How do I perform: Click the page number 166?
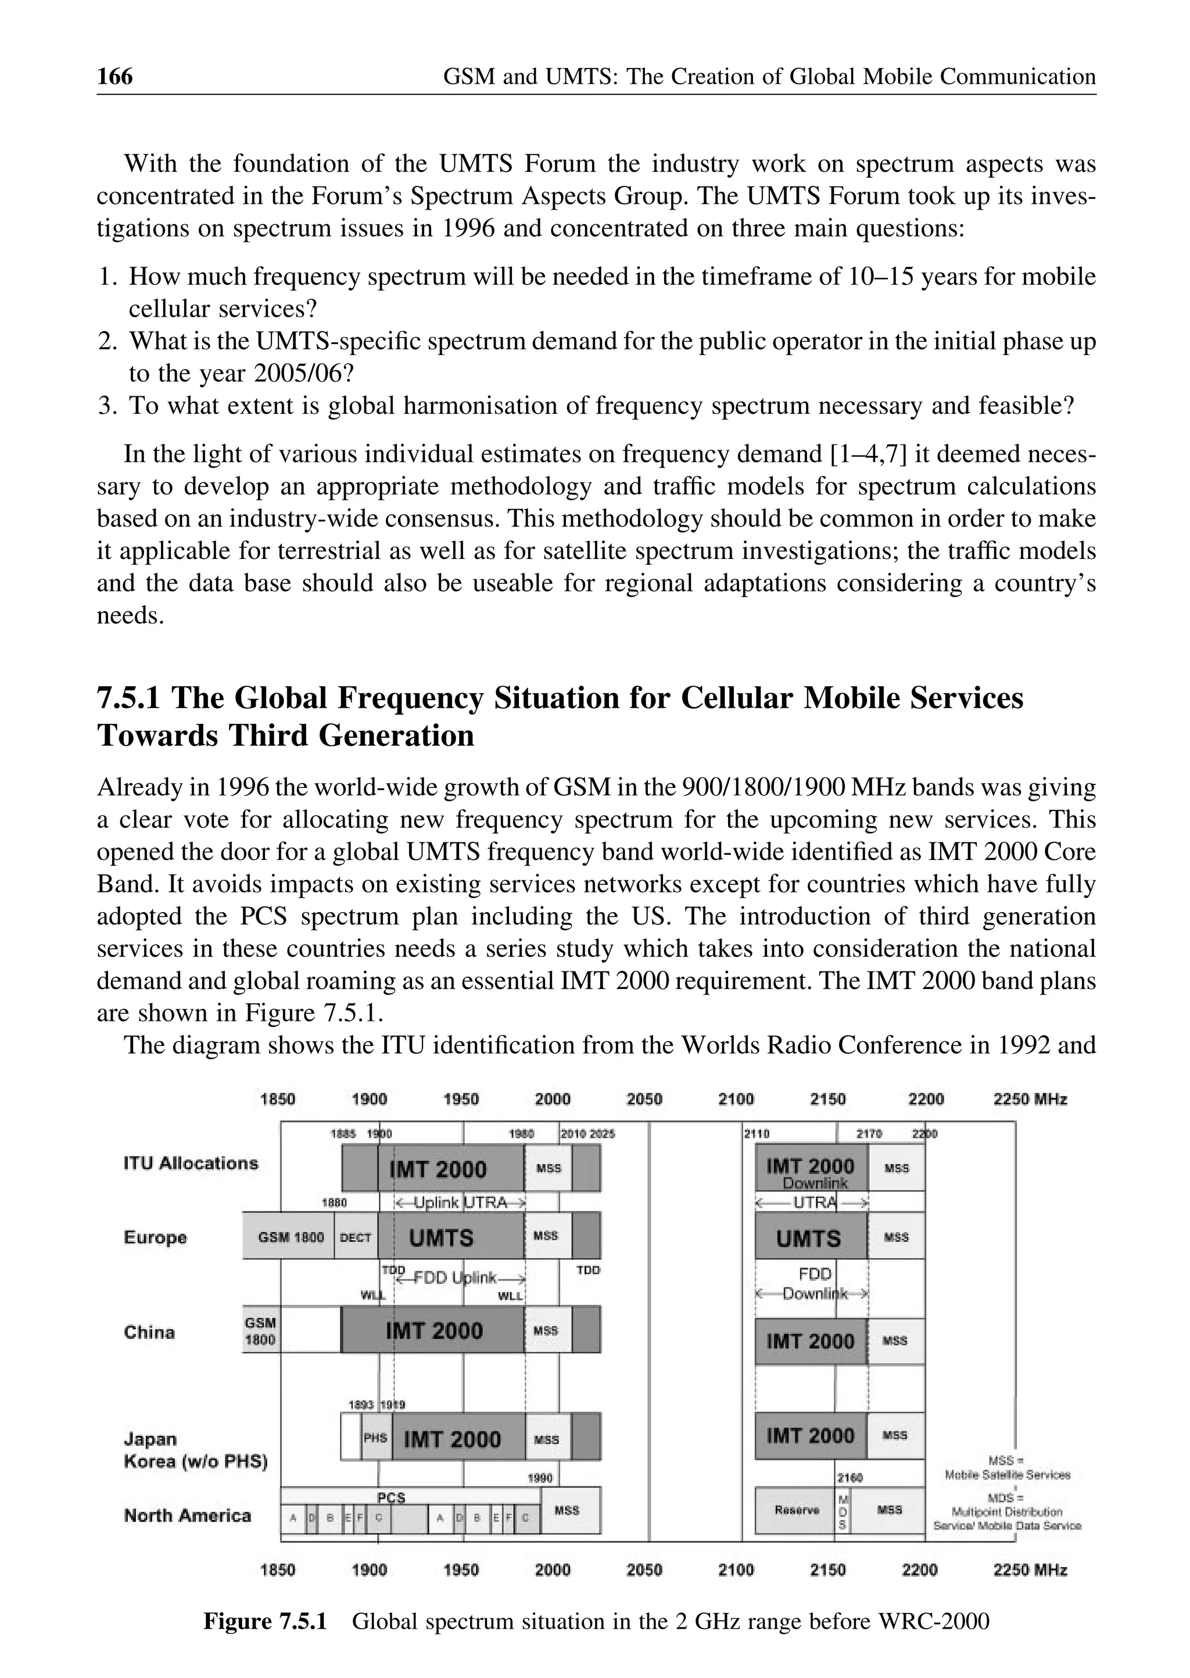point(115,77)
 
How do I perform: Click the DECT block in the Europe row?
point(356,1238)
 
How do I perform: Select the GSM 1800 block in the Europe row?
point(290,1238)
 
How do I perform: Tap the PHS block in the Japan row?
point(376,1439)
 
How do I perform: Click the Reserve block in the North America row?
point(796,1510)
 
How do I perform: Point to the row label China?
point(149,1332)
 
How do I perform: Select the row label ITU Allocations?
point(191,1164)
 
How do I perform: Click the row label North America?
point(188,1515)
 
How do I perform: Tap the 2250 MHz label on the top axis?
point(1030,1099)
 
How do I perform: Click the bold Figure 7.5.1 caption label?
point(264,1622)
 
